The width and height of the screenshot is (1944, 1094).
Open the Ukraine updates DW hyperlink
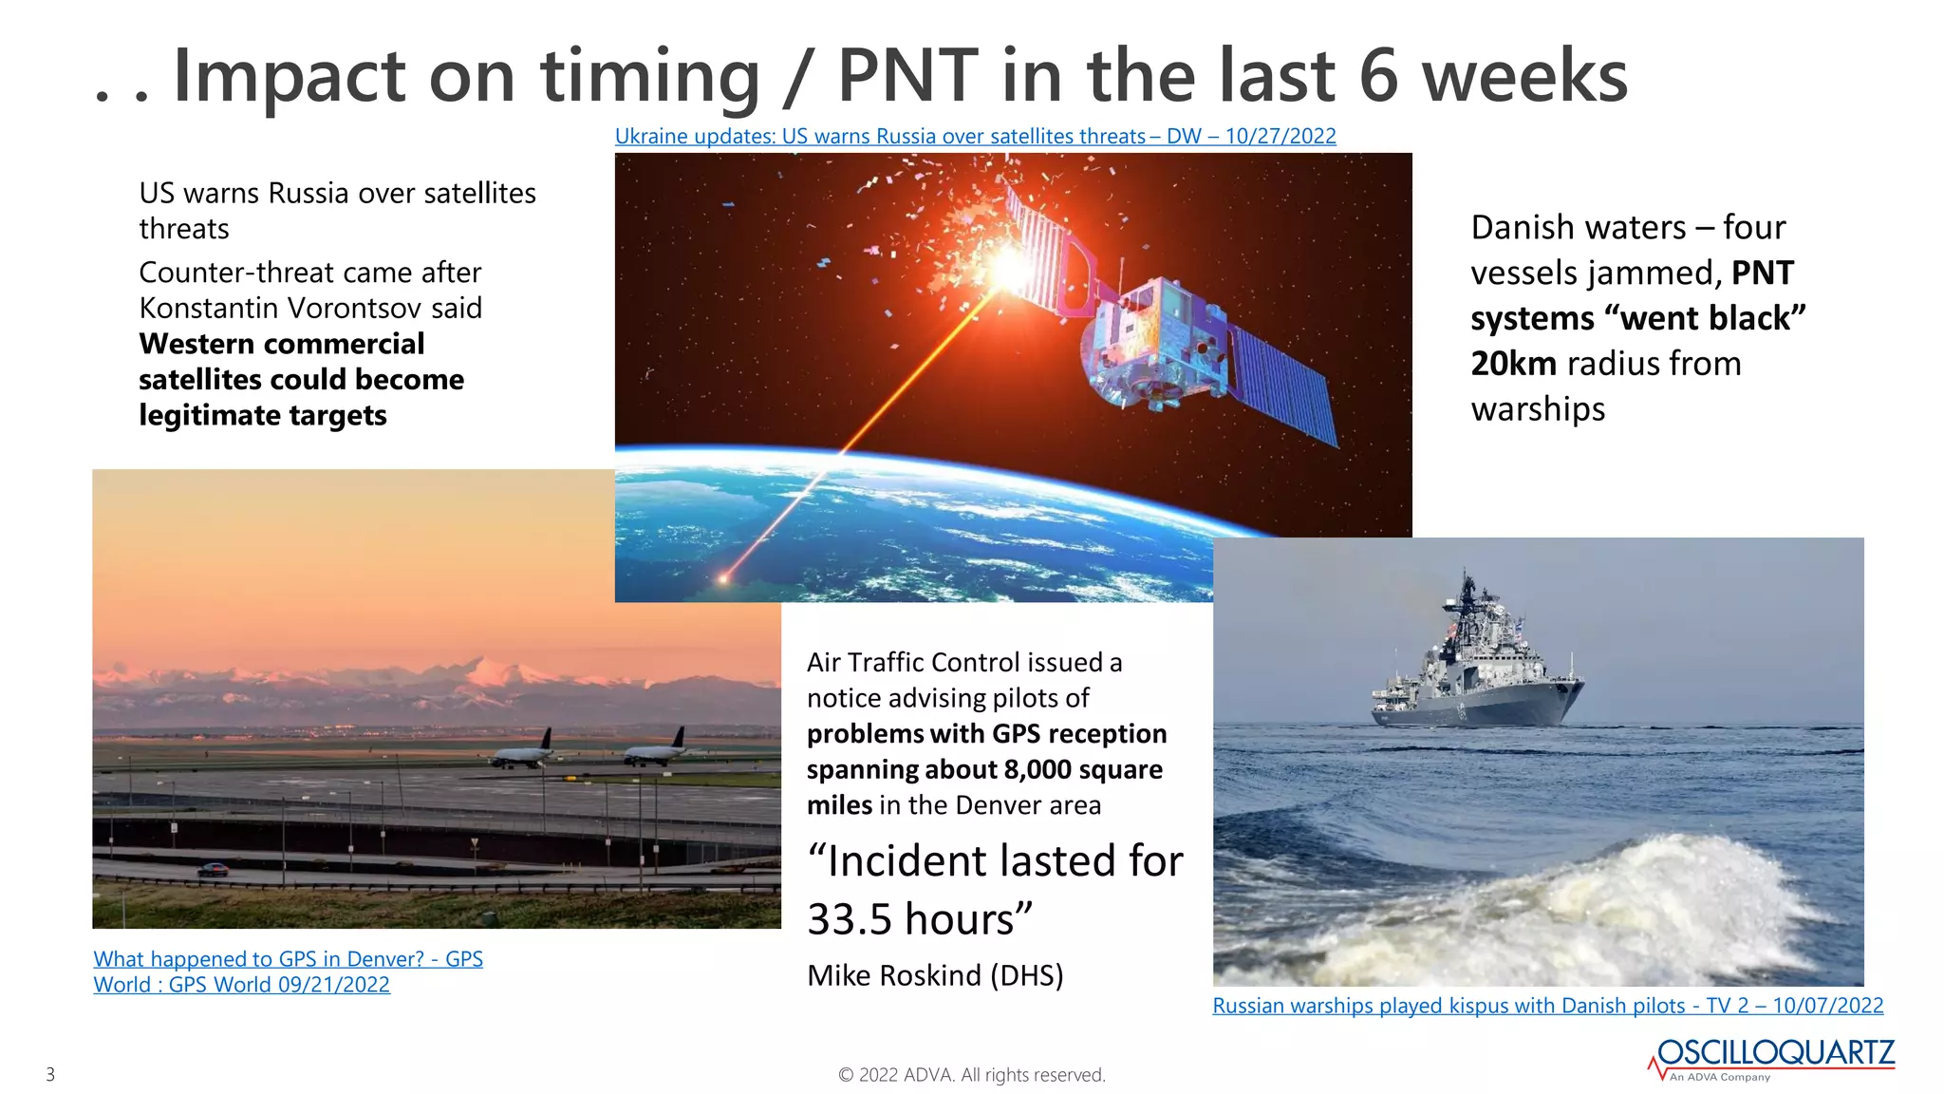pyautogui.click(x=975, y=137)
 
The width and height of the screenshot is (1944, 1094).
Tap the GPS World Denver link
pyautogui.click(x=288, y=971)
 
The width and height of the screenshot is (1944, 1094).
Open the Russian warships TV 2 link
pyautogui.click(x=1547, y=1006)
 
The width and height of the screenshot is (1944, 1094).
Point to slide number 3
pyautogui.click(x=50, y=1075)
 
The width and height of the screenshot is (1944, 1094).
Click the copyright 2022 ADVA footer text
pyautogui.click(x=972, y=1075)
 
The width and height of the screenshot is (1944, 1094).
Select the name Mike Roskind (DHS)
pyautogui.click(x=935, y=975)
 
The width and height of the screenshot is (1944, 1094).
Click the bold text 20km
pyautogui.click(x=1513, y=364)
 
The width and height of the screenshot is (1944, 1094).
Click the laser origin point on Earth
pyautogui.click(x=723, y=577)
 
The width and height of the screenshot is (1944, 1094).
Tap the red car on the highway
pyautogui.click(x=212, y=870)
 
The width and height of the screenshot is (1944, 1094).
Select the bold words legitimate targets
pyautogui.click(x=263, y=416)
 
